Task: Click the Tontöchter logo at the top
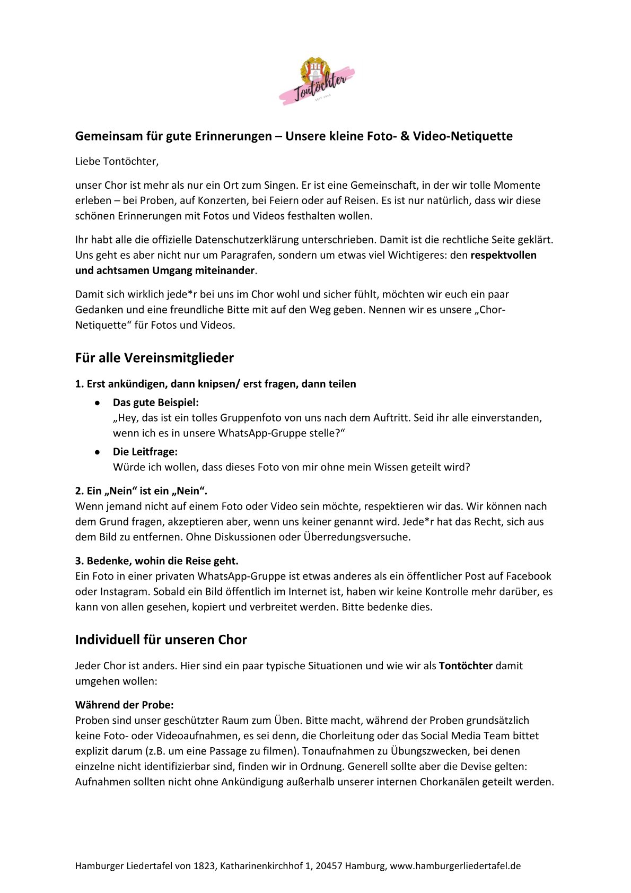coord(317,81)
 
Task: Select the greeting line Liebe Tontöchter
coord(117,161)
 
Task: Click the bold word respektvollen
coord(503,255)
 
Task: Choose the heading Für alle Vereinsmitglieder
coord(154,358)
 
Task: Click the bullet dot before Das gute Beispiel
coord(98,403)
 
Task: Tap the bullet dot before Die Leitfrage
coord(98,452)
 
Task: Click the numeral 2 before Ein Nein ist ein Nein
coord(78,491)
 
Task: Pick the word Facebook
coord(529,576)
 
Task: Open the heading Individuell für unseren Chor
coord(161,640)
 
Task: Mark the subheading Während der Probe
coord(125,705)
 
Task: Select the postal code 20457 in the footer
coord(329,866)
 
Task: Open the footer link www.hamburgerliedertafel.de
coord(455,866)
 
